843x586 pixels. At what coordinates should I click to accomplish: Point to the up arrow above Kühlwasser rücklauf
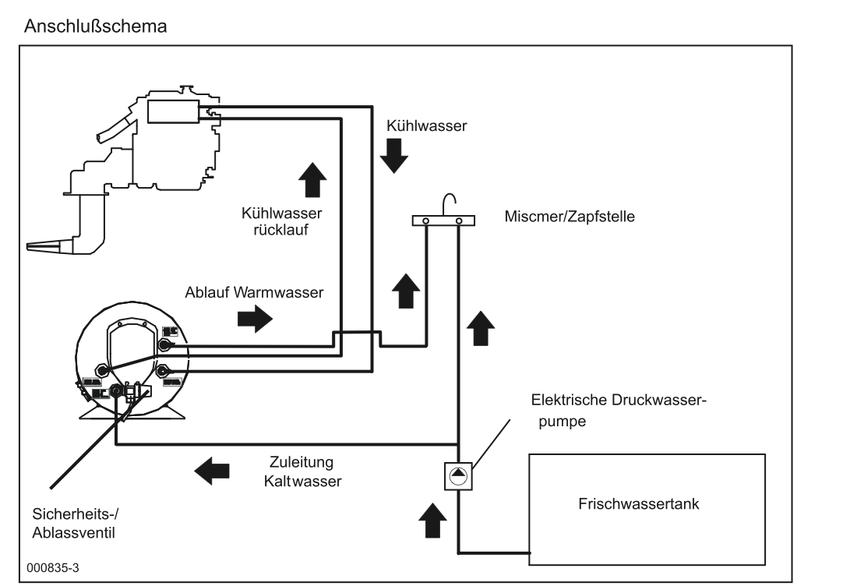(309, 179)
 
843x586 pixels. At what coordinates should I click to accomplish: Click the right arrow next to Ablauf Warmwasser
(256, 319)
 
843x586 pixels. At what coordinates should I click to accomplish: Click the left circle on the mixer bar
(425, 221)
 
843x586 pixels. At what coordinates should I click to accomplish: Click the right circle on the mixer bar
(459, 221)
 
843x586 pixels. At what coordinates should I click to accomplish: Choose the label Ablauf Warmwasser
(253, 293)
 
